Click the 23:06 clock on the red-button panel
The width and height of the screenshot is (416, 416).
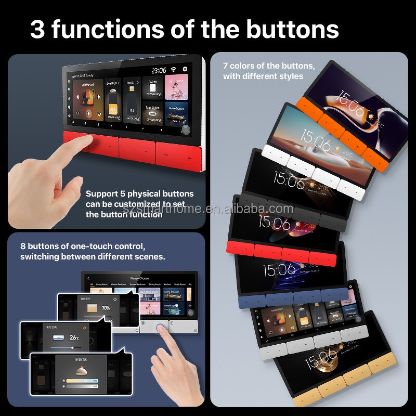coord(159,70)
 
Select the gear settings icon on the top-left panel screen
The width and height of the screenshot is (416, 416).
coord(185,69)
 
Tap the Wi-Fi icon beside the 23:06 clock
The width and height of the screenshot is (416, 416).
coord(173,70)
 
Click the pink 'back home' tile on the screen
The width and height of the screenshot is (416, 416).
coord(176,85)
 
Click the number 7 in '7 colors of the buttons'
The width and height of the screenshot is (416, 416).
coord(226,66)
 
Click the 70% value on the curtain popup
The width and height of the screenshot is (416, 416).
coord(106,308)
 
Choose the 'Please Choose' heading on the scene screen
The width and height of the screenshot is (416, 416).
coord(140,278)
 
